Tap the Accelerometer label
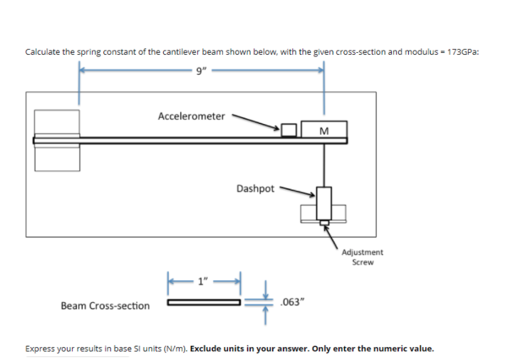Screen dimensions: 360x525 point(191,115)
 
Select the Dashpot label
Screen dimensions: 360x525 point(255,189)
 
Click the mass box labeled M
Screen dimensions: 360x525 point(324,130)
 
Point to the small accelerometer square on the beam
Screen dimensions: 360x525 point(289,130)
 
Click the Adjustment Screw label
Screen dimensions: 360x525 point(363,257)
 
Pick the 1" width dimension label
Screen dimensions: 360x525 point(204,280)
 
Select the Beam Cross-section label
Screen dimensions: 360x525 point(105,306)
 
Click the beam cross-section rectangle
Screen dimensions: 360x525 point(204,302)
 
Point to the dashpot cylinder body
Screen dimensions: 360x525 point(324,203)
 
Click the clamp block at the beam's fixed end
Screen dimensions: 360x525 point(56,140)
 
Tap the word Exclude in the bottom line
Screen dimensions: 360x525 point(208,349)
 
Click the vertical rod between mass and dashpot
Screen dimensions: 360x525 point(324,164)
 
